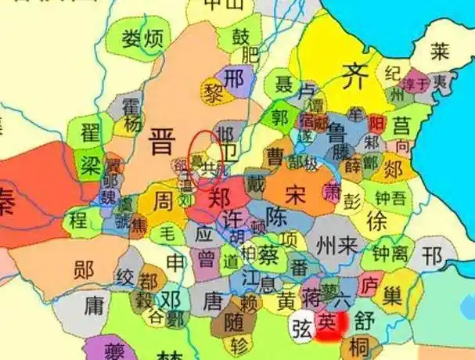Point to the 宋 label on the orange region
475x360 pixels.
[296, 193]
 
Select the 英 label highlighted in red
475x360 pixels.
[331, 322]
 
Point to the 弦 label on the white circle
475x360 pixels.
[300, 323]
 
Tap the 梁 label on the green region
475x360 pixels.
[89, 162]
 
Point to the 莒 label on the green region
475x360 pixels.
[401, 125]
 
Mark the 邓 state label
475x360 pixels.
[171, 299]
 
